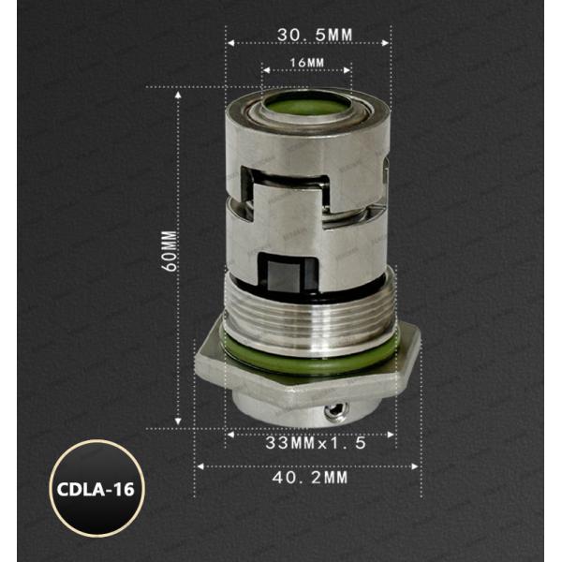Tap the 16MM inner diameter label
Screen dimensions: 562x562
(x=307, y=63)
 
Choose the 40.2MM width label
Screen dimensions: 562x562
(x=310, y=478)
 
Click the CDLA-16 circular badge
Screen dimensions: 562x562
(x=97, y=488)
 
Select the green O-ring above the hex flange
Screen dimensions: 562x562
(x=309, y=359)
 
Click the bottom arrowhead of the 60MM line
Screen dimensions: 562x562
(x=178, y=424)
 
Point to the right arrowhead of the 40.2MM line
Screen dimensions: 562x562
(x=418, y=465)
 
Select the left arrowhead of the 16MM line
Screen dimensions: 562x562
(x=264, y=70)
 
